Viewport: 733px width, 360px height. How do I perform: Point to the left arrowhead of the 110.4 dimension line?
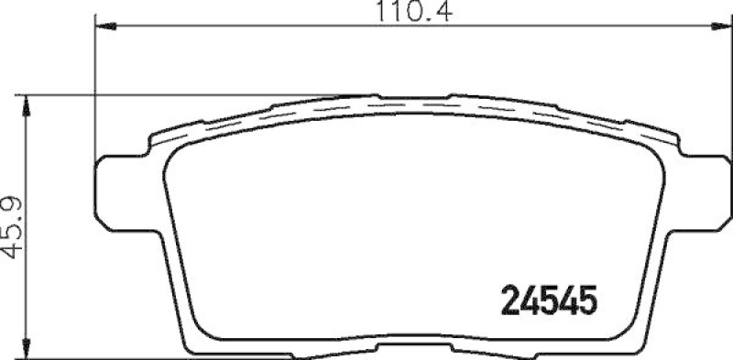point(103,28)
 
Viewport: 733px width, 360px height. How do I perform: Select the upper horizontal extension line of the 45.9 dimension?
point(183,93)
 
